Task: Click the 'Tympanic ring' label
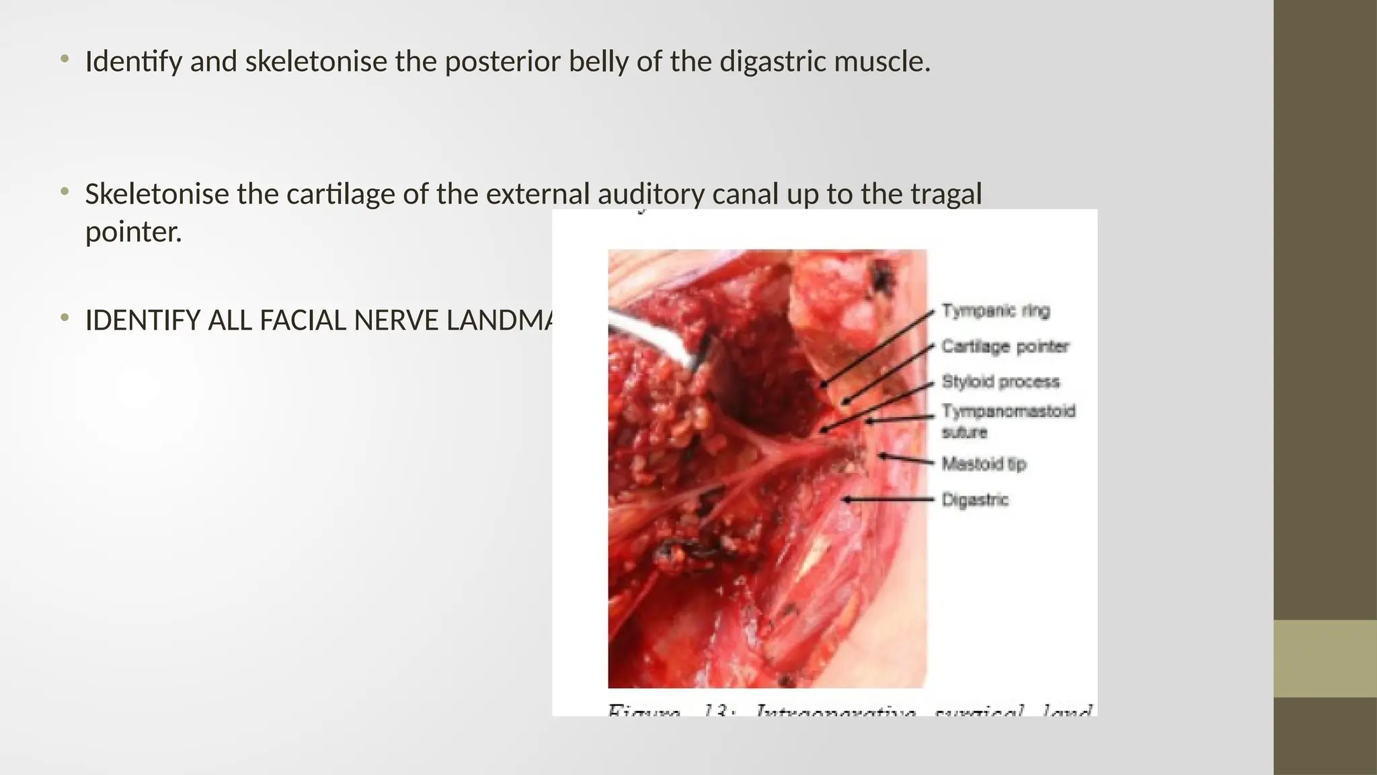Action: click(995, 311)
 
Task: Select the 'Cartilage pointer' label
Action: click(1005, 346)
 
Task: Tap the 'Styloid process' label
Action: click(1000, 381)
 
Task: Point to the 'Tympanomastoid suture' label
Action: click(1007, 420)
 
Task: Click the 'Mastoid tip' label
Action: click(983, 464)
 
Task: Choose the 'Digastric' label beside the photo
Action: click(974, 500)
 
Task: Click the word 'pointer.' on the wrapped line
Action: click(133, 232)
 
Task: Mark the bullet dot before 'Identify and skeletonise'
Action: click(65, 60)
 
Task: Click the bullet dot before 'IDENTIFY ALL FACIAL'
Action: click(65, 318)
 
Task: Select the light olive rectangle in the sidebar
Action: click(1325, 658)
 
